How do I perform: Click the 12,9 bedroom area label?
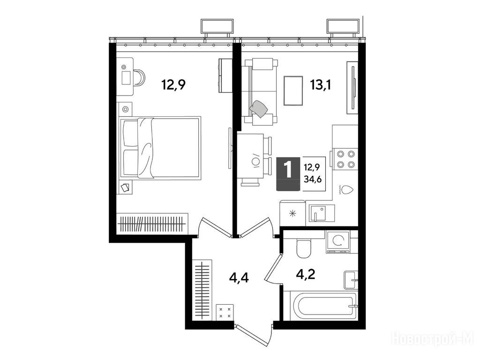173,84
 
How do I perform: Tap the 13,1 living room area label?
321,84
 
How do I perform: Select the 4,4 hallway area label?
239,278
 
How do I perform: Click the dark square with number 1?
288,173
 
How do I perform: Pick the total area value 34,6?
313,180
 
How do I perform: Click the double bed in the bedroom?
161,148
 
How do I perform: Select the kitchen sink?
322,213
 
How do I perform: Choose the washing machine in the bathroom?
338,242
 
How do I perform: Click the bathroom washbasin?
351,280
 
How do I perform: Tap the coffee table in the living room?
293,90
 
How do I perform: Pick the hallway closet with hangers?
202,290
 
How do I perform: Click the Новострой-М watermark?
433,338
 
